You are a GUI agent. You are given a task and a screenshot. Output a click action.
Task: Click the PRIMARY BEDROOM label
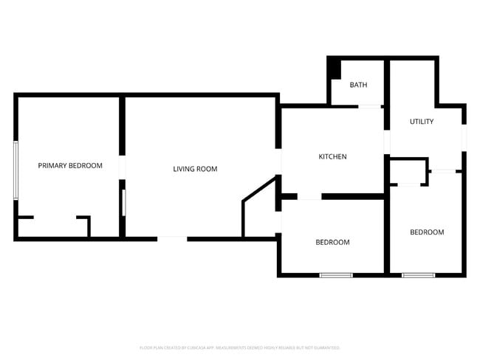click(70, 166)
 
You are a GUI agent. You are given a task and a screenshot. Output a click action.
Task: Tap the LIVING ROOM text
click(195, 169)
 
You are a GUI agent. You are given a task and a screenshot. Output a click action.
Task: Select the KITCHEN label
click(332, 156)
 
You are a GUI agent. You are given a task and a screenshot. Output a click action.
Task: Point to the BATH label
click(358, 85)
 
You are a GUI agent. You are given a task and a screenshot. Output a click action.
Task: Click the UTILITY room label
click(422, 122)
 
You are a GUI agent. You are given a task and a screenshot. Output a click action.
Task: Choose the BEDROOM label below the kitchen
click(332, 242)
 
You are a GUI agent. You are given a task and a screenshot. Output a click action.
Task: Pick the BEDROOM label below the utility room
click(427, 232)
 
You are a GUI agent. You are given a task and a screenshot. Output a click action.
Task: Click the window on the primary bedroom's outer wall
click(16, 170)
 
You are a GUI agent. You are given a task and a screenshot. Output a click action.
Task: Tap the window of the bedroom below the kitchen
click(336, 275)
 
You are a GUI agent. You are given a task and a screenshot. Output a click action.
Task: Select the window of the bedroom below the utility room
click(418, 275)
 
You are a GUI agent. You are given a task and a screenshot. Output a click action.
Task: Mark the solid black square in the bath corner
click(334, 67)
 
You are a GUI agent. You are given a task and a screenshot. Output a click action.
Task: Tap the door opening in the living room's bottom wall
click(172, 238)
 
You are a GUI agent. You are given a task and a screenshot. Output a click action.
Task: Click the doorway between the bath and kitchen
click(369, 107)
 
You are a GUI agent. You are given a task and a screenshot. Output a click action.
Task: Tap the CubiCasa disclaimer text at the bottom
click(239, 347)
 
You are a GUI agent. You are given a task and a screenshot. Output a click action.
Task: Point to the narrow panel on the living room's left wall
click(124, 203)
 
